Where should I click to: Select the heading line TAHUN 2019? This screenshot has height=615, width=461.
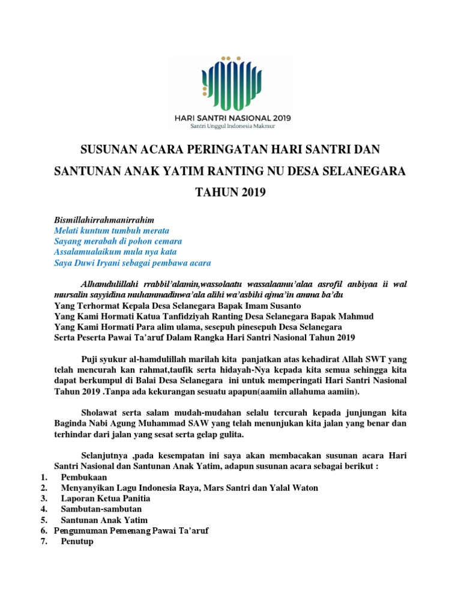[230, 193]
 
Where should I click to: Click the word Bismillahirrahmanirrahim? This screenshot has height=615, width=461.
[104, 220]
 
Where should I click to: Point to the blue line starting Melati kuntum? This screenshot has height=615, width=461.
[112, 231]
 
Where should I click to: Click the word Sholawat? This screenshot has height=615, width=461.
[98, 413]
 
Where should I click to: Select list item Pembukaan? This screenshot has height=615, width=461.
[83, 477]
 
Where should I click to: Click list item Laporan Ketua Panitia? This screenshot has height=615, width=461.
[106, 498]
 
